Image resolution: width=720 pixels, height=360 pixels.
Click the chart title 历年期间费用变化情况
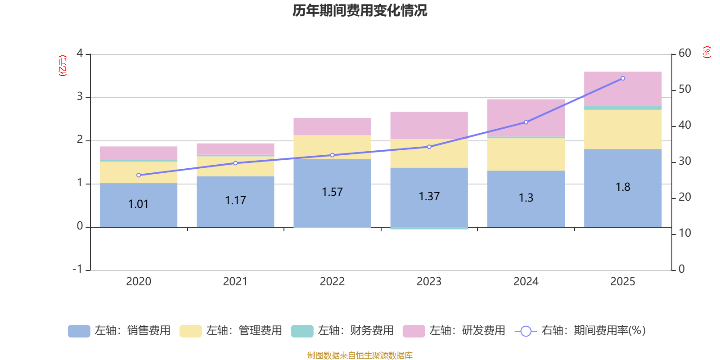360,10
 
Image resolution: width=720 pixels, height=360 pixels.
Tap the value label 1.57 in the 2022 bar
332,192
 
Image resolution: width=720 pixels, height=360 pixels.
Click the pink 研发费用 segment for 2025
623,88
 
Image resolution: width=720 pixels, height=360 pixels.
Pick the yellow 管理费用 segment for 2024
526,154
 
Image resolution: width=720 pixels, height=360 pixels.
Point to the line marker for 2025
623,78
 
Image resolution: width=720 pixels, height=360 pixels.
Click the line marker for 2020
139,175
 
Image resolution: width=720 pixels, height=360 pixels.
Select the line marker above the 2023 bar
429,147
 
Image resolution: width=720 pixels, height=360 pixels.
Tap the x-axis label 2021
235,281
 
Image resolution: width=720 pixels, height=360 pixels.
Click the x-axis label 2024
526,281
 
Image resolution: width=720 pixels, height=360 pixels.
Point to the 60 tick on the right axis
684,53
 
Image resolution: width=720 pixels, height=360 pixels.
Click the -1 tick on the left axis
77,269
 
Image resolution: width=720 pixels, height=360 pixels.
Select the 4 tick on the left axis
80,53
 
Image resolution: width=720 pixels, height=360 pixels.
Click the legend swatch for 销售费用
79,331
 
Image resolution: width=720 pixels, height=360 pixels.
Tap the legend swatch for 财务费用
302,331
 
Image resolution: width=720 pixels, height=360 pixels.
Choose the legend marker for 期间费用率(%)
526,331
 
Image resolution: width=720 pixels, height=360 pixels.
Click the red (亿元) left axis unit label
63,66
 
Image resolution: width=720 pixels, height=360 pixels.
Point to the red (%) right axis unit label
706,52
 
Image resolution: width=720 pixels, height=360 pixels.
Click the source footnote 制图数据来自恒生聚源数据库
360,355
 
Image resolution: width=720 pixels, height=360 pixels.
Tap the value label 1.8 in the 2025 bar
623,187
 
